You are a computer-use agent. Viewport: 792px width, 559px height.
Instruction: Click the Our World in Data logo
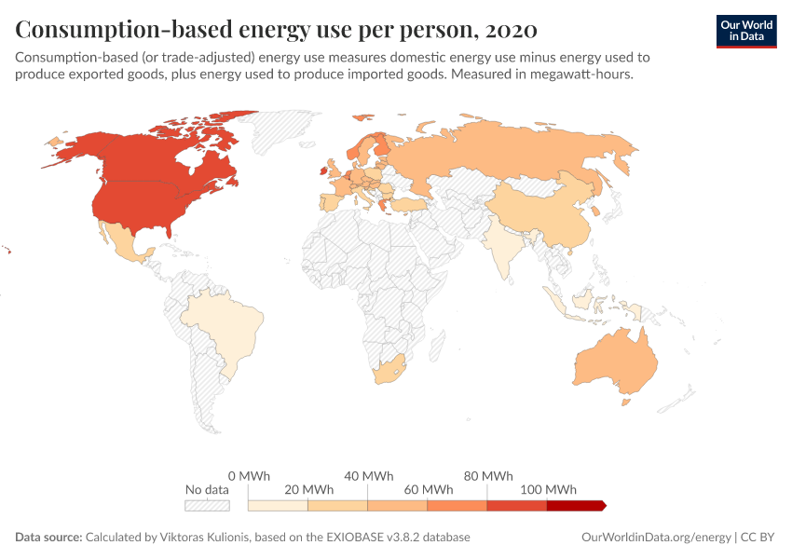(745, 31)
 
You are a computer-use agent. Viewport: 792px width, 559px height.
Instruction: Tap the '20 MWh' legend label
(307, 490)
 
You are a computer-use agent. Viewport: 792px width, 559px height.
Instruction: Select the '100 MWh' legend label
(547, 490)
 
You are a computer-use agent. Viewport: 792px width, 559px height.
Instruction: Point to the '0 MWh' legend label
(248, 476)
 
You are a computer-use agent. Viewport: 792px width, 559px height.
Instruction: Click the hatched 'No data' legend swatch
(207, 505)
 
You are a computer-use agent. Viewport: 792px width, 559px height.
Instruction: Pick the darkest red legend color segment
(576, 505)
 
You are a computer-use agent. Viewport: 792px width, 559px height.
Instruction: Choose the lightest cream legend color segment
(278, 505)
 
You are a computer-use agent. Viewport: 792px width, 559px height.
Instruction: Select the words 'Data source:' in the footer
(48, 538)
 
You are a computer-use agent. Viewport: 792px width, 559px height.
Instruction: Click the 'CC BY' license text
(759, 538)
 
